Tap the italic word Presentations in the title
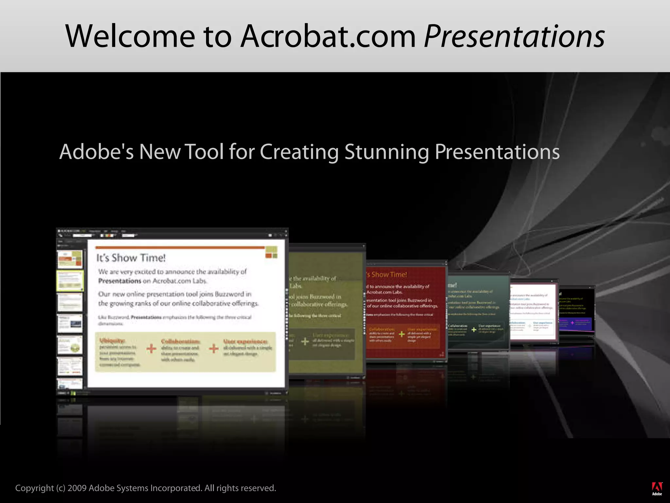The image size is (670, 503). coord(514,37)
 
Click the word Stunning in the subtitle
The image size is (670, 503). coord(387,152)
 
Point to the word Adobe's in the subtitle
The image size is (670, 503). coord(97,152)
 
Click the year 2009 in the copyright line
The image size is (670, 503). coord(77,488)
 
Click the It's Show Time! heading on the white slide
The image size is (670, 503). coord(131,258)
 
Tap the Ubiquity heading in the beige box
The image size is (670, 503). coord(112,341)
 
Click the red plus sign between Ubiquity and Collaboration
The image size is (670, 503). coord(151,348)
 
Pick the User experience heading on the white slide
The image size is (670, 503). coord(245,342)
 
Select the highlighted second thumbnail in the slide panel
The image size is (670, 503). coord(70,281)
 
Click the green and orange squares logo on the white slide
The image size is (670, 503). coord(271,251)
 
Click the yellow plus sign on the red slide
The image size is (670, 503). coord(401,334)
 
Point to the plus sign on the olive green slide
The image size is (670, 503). coord(305,342)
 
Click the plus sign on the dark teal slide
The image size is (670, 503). coord(473,329)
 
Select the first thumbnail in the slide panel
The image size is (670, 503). coord(70,259)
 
